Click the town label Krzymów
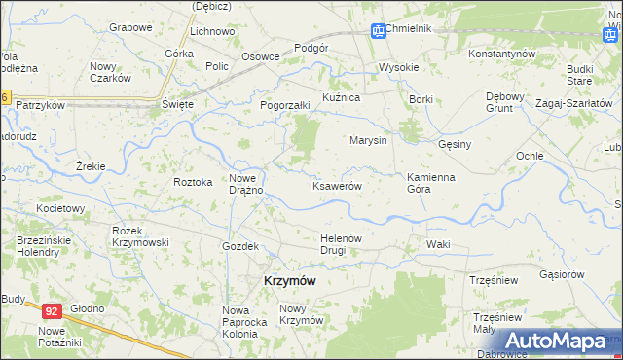290,280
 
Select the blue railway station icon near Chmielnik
378,31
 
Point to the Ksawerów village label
337,186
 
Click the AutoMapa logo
556,341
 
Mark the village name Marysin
369,140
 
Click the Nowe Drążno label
246,183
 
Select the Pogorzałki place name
284,105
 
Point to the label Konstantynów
502,53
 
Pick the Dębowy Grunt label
506,102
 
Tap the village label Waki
437,244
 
